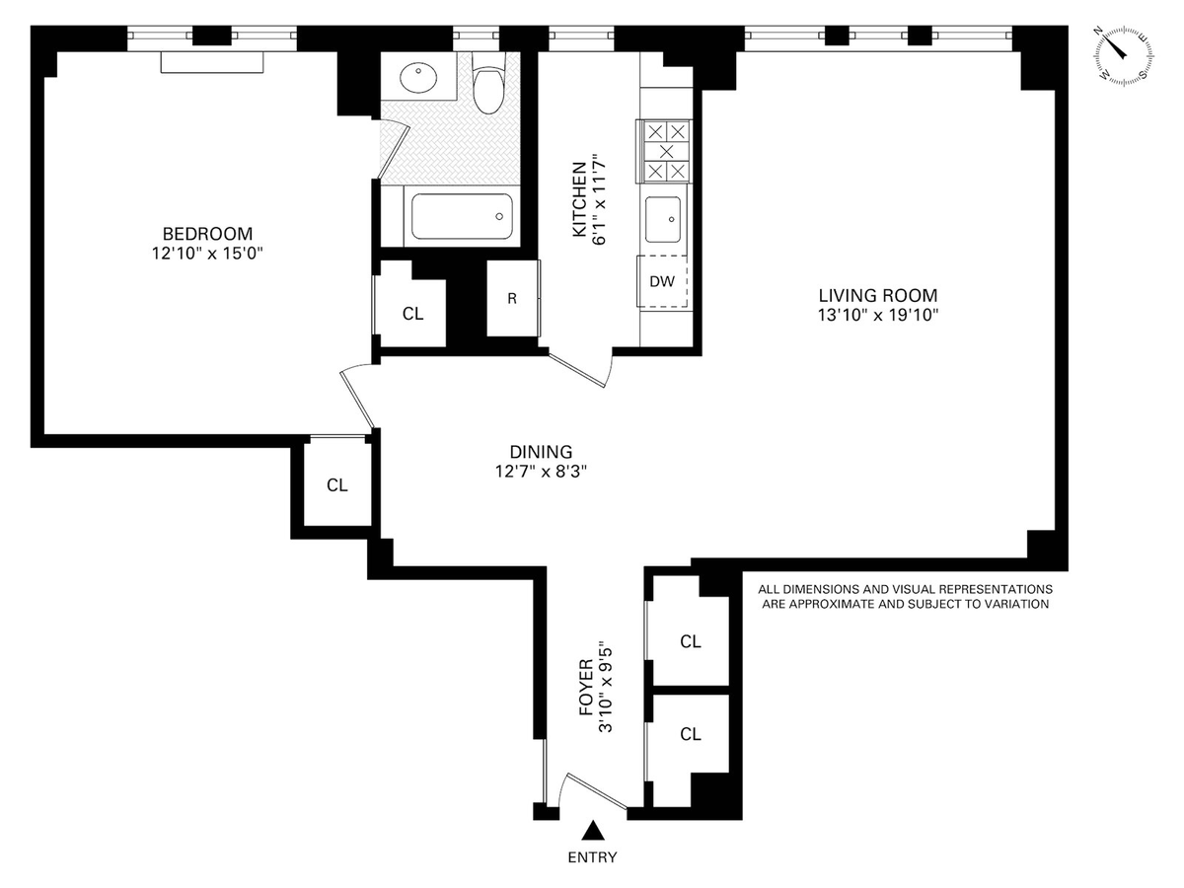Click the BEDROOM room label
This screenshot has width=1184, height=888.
click(207, 234)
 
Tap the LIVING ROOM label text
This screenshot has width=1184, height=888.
click(877, 295)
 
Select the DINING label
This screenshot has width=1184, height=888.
click(541, 452)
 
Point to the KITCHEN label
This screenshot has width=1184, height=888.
click(579, 199)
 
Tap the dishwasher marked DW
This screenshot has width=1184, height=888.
click(662, 281)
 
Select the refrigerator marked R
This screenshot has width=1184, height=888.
click(512, 298)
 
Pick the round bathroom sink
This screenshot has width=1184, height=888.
click(418, 78)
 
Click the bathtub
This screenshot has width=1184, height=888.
click(461, 216)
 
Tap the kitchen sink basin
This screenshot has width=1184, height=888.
click(662, 219)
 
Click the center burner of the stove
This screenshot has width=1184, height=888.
click(666, 152)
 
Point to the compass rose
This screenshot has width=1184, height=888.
click(1124, 56)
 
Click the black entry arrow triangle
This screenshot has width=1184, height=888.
click(593, 831)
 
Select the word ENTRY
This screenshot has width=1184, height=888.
click(592, 857)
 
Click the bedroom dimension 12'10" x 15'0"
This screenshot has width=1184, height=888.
click(207, 254)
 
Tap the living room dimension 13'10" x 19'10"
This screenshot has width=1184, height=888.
click(877, 316)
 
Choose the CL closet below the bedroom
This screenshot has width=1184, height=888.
click(337, 485)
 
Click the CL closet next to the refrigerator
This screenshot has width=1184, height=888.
click(412, 314)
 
